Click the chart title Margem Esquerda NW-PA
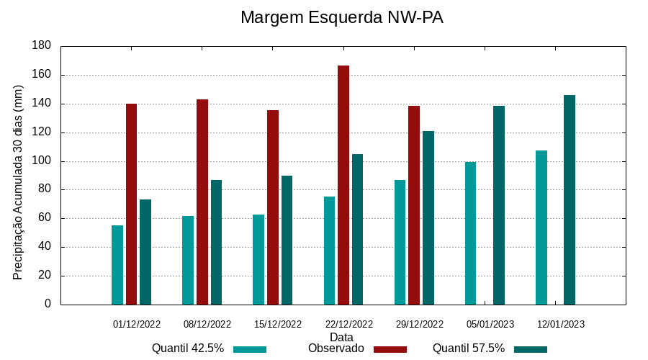[341, 17]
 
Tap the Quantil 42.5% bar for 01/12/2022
[117, 265]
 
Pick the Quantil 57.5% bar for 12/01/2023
[570, 199]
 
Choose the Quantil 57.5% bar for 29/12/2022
[428, 217]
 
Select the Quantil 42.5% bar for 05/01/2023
[470, 233]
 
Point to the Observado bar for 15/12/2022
[273, 207]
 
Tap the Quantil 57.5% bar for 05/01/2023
[499, 205]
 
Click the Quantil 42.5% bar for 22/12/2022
[329, 251]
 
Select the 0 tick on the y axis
[48, 305]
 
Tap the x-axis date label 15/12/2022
[278, 325]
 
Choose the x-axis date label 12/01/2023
[561, 325]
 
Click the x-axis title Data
[341, 337]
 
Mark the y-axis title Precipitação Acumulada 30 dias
[19, 182]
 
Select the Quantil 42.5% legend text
[188, 348]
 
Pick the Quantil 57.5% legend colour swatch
[531, 349]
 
